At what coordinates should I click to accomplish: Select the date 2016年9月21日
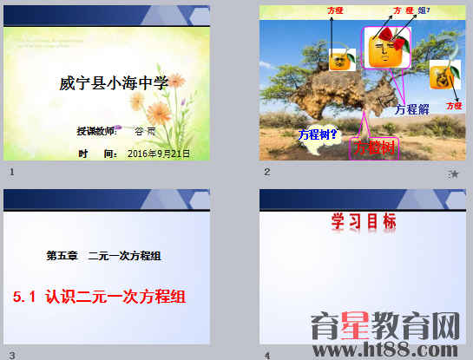pyautogui.click(x=157, y=153)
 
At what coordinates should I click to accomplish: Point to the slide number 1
pyautogui.click(x=11, y=173)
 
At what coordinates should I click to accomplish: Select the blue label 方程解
pyautogui.click(x=411, y=109)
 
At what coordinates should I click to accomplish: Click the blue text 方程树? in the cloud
pyautogui.click(x=318, y=134)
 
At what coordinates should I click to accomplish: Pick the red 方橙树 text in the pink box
pyautogui.click(x=375, y=147)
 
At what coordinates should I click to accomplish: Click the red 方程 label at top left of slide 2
pyautogui.click(x=336, y=10)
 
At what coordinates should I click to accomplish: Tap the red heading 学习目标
pyautogui.click(x=364, y=222)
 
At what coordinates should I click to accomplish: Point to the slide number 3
pyautogui.click(x=11, y=354)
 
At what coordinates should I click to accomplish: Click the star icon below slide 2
pyautogui.click(x=454, y=173)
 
